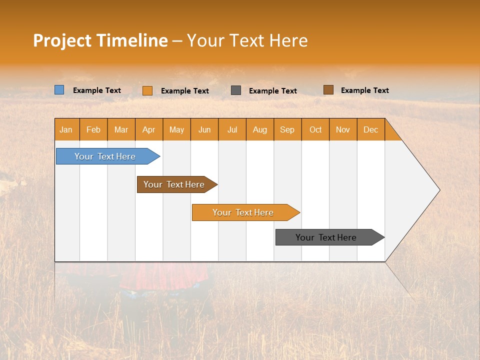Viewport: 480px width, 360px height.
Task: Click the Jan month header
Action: [x=66, y=129]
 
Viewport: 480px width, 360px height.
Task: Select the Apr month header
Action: [x=149, y=129]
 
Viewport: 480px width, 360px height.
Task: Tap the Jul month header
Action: [x=232, y=129]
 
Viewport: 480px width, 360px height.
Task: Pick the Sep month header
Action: [x=287, y=129]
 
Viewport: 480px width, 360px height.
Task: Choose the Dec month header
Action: [x=370, y=129]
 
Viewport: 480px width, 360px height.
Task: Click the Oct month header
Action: [x=315, y=129]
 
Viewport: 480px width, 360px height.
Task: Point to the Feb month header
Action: [x=93, y=129]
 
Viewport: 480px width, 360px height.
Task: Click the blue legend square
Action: [x=59, y=90]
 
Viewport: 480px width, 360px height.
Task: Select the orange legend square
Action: [x=147, y=90]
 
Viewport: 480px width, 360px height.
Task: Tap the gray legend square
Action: [x=236, y=90]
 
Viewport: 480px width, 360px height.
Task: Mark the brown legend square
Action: [x=328, y=90]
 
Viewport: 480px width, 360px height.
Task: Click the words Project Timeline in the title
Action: [x=100, y=40]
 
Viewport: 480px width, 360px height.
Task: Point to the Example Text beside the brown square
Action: [x=364, y=90]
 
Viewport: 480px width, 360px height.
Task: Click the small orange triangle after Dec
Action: [x=391, y=133]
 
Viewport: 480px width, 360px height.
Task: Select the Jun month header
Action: [x=204, y=129]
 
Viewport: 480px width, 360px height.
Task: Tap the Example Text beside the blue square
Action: [x=96, y=90]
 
